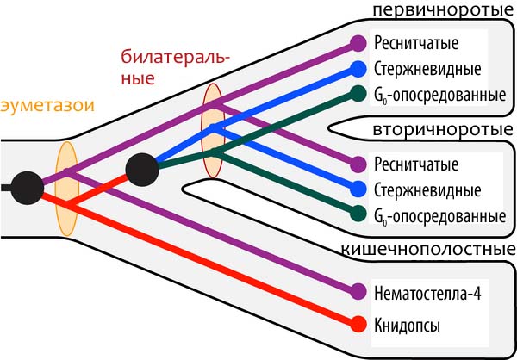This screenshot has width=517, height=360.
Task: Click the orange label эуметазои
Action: point(47,106)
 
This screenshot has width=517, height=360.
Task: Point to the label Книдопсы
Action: point(408,326)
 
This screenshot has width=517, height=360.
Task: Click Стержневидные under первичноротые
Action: point(428,69)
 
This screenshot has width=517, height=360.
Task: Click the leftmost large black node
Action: point(27,187)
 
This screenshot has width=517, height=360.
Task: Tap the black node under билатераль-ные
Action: point(141,168)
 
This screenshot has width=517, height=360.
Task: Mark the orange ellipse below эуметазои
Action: point(67,189)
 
